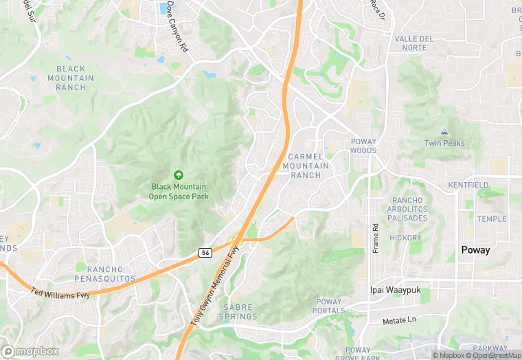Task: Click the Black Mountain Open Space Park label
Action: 179,191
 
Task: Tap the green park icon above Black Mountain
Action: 179,175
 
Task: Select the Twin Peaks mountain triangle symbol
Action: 444,131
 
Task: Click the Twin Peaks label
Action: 444,143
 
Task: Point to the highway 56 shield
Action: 205,253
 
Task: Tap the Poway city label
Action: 475,250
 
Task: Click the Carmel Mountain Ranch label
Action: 306,166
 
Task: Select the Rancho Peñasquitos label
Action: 105,273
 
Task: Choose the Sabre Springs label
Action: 238,312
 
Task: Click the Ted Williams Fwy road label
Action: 60,294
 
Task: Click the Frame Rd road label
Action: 376,238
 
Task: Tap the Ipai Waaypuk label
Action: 395,290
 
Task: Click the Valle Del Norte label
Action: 414,43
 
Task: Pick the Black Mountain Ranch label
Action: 71,78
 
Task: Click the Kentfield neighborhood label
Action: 468,185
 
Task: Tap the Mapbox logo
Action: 30,351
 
